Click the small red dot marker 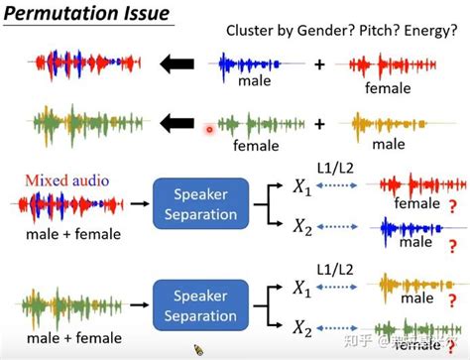point(209,129)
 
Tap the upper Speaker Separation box point(206,204)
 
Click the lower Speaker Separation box point(206,302)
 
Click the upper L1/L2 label point(341,171)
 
